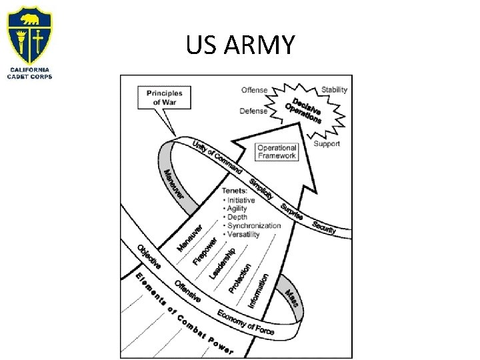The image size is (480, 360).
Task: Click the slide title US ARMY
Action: [240, 45]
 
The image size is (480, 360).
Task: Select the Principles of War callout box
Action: [164, 97]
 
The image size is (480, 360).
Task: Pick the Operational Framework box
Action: [277, 152]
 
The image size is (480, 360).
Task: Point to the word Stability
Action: [334, 90]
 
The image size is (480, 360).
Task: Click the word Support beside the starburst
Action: [327, 143]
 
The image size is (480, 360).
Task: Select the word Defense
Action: [253, 111]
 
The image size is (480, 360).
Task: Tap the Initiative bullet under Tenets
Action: [241, 200]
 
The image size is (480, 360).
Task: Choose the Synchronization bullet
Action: [254, 225]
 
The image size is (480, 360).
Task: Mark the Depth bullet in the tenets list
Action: [237, 217]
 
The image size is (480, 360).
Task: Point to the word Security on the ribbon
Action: [323, 227]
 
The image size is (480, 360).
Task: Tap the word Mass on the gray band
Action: [293, 302]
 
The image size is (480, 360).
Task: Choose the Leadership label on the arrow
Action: [222, 263]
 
